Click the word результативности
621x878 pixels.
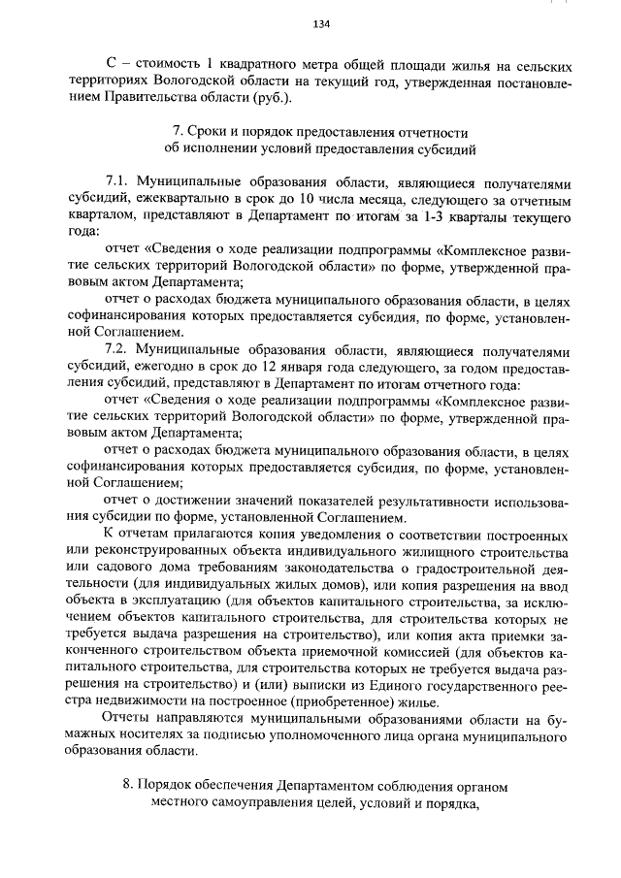(x=412, y=501)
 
